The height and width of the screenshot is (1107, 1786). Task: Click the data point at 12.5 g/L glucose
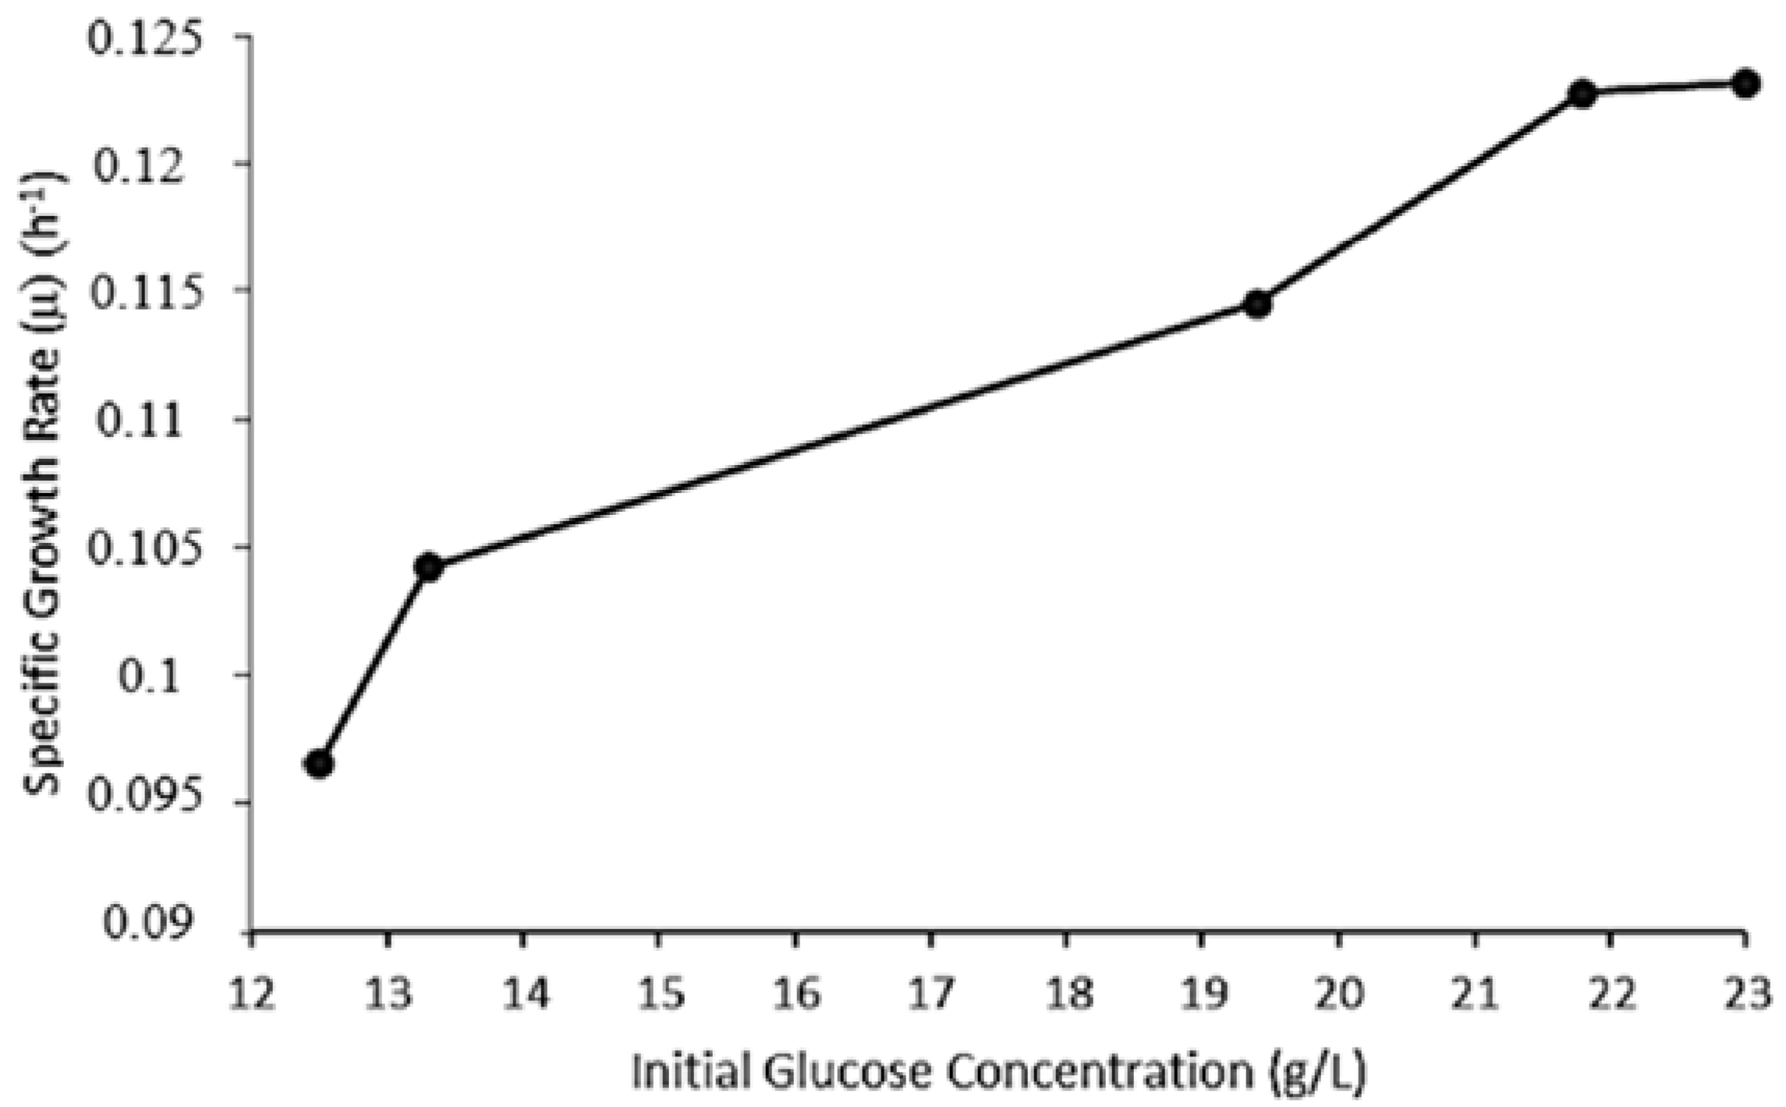[x=319, y=764]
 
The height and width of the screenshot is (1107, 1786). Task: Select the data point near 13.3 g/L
[x=428, y=567]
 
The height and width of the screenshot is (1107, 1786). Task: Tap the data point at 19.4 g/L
[x=1257, y=304]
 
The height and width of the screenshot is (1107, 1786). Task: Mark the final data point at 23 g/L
[x=1745, y=83]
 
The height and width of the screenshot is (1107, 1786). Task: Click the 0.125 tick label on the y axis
[x=144, y=37]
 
